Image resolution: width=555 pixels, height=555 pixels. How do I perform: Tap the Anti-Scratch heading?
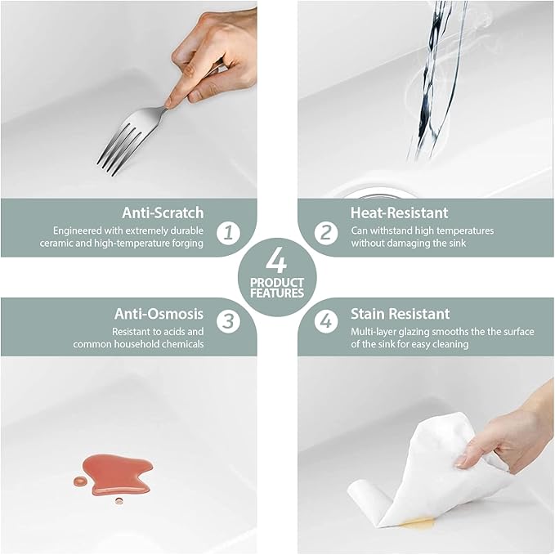pyautogui.click(x=163, y=213)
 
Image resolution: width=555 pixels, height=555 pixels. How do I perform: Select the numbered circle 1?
pyautogui.click(x=228, y=233)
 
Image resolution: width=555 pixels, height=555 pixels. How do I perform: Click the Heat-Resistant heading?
pyautogui.click(x=399, y=213)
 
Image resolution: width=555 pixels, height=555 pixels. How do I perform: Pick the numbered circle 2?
pyautogui.click(x=326, y=233)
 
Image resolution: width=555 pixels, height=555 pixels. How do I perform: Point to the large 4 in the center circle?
pyautogui.click(x=276, y=260)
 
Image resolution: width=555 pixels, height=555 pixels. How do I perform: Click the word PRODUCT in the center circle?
pyautogui.click(x=277, y=283)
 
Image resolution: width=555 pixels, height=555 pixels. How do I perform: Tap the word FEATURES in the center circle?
pyautogui.click(x=277, y=293)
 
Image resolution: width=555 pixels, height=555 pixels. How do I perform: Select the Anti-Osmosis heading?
pyautogui.click(x=159, y=314)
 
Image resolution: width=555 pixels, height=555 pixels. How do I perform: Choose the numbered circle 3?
pyautogui.click(x=228, y=321)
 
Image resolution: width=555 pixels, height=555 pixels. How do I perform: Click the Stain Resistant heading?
pyautogui.click(x=401, y=314)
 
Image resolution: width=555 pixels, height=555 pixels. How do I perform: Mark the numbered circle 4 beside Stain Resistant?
pyautogui.click(x=326, y=321)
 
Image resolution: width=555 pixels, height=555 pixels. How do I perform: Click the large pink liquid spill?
pyautogui.click(x=117, y=474)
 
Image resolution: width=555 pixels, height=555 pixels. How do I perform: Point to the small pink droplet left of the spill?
pyautogui.click(x=79, y=481)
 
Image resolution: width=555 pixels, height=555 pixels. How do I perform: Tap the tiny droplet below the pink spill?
pyautogui.click(x=119, y=501)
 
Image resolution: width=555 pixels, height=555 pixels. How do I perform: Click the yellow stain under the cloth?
pyautogui.click(x=418, y=522)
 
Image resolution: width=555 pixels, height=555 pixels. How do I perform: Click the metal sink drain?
pyautogui.click(x=378, y=195)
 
